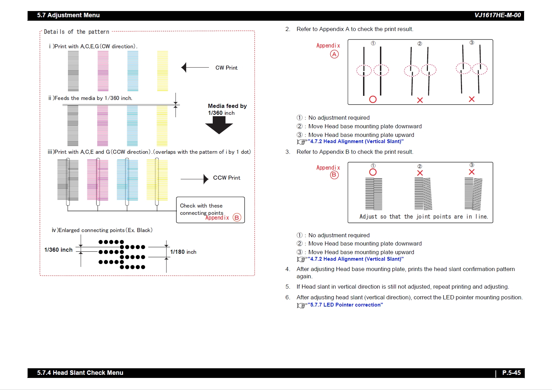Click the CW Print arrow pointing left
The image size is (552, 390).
coord(195,68)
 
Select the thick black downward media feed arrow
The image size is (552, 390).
coord(219,125)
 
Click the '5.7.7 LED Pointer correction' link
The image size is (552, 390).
coord(345,305)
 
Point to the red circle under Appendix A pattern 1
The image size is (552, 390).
coord(373,99)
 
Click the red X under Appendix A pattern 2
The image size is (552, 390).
coord(420,100)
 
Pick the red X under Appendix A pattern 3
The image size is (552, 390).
coord(472,99)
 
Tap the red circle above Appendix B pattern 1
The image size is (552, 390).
coord(373,172)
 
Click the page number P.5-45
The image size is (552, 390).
coord(511,373)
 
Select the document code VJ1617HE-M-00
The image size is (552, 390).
coord(498,15)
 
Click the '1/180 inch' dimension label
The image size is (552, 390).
coord(183,252)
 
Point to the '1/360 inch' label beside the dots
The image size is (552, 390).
coord(58,250)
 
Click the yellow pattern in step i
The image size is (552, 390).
coord(162,71)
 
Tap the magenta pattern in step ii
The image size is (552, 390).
coord(102,126)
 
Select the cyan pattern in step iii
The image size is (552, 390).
coord(127,179)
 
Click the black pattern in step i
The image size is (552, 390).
coord(73,71)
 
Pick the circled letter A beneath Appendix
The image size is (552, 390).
coord(334,54)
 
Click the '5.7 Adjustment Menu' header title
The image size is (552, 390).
coord(68,15)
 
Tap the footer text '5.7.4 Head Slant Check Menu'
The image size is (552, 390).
coord(80,373)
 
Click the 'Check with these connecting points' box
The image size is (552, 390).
coord(210,210)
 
